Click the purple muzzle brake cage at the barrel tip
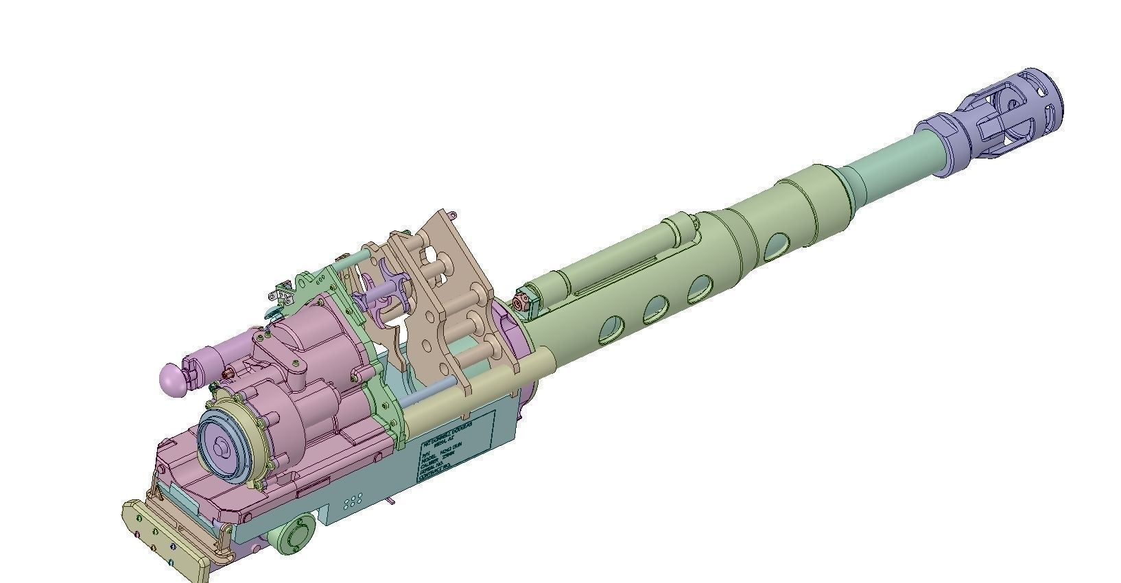point(1015,110)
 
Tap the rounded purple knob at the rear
point(172,379)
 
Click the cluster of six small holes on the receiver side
point(353,501)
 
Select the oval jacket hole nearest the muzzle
point(776,247)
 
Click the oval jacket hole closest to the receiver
point(608,331)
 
